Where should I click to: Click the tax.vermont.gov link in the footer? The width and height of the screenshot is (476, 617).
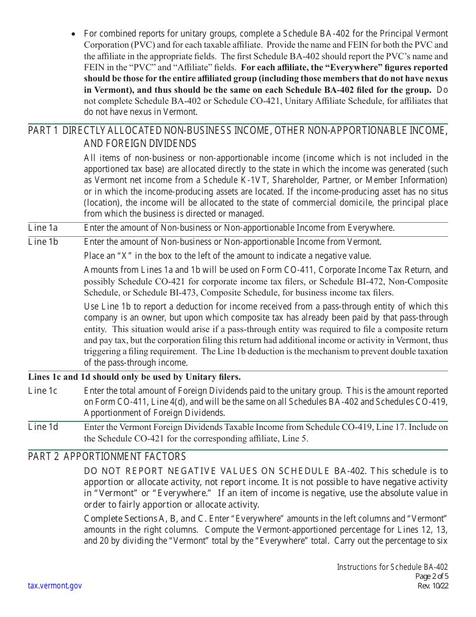(x=55, y=586)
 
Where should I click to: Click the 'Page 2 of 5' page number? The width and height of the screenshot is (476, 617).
(x=431, y=576)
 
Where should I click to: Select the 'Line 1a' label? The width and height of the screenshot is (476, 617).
(x=43, y=228)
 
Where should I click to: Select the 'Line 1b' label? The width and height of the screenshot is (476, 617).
(x=43, y=242)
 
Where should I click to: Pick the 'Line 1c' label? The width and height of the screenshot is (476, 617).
(x=43, y=391)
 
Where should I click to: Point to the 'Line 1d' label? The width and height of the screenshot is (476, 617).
(x=43, y=427)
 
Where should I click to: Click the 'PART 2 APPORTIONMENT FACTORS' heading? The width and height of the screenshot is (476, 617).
(x=107, y=456)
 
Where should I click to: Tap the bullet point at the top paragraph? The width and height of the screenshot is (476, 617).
(x=74, y=34)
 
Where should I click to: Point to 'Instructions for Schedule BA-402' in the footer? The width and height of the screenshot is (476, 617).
(x=392, y=567)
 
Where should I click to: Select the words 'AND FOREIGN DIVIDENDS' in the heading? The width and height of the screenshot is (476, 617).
(x=140, y=144)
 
